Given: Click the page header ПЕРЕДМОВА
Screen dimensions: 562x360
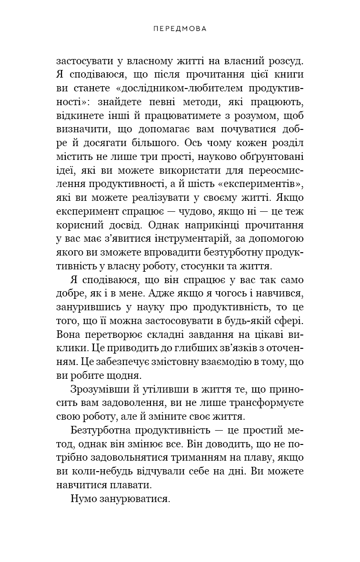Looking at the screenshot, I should (180, 29).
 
